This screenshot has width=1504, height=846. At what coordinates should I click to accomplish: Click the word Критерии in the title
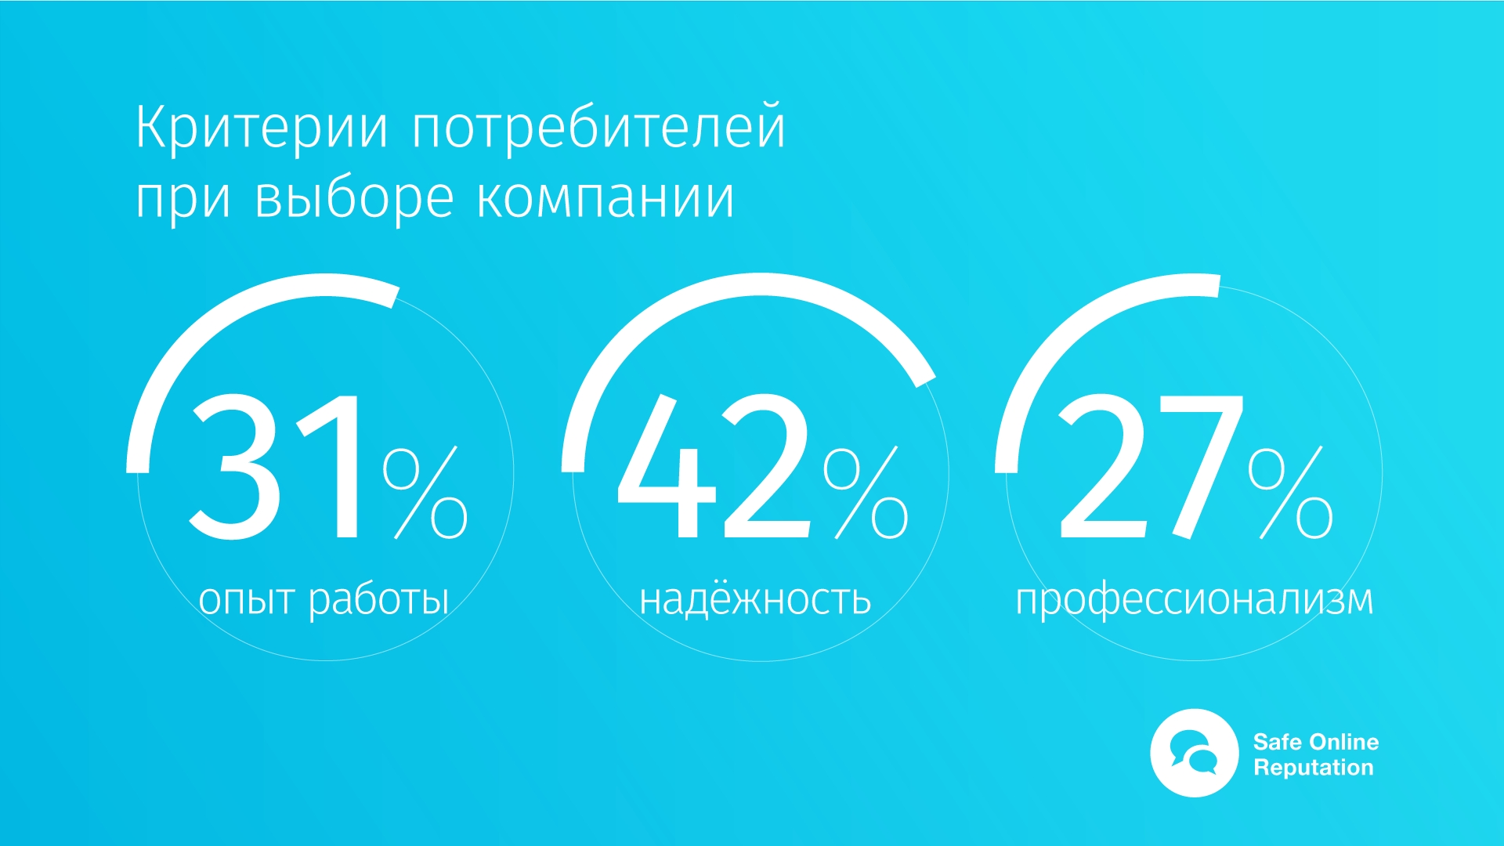click(x=262, y=128)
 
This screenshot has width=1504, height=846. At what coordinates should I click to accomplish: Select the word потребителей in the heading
click(x=598, y=128)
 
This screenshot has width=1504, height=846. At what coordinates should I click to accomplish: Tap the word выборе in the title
click(x=354, y=199)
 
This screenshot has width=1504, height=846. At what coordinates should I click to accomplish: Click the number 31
click(x=274, y=467)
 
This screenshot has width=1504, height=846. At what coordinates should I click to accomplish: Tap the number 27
click(x=1150, y=467)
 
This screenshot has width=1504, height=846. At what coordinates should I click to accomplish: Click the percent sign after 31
click(x=425, y=493)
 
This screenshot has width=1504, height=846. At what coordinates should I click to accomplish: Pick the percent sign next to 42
click(x=866, y=493)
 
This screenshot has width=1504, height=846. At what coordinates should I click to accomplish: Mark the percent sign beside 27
click(x=1290, y=493)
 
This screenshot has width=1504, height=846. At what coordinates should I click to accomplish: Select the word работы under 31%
click(x=378, y=601)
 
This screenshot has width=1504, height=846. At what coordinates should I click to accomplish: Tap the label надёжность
click(x=755, y=598)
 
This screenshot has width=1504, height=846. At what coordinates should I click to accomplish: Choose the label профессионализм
click(x=1195, y=601)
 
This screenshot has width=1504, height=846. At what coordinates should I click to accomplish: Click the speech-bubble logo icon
click(x=1194, y=753)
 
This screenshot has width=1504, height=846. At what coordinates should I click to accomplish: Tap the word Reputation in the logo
click(x=1314, y=768)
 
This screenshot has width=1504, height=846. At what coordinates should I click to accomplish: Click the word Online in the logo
click(x=1343, y=742)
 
